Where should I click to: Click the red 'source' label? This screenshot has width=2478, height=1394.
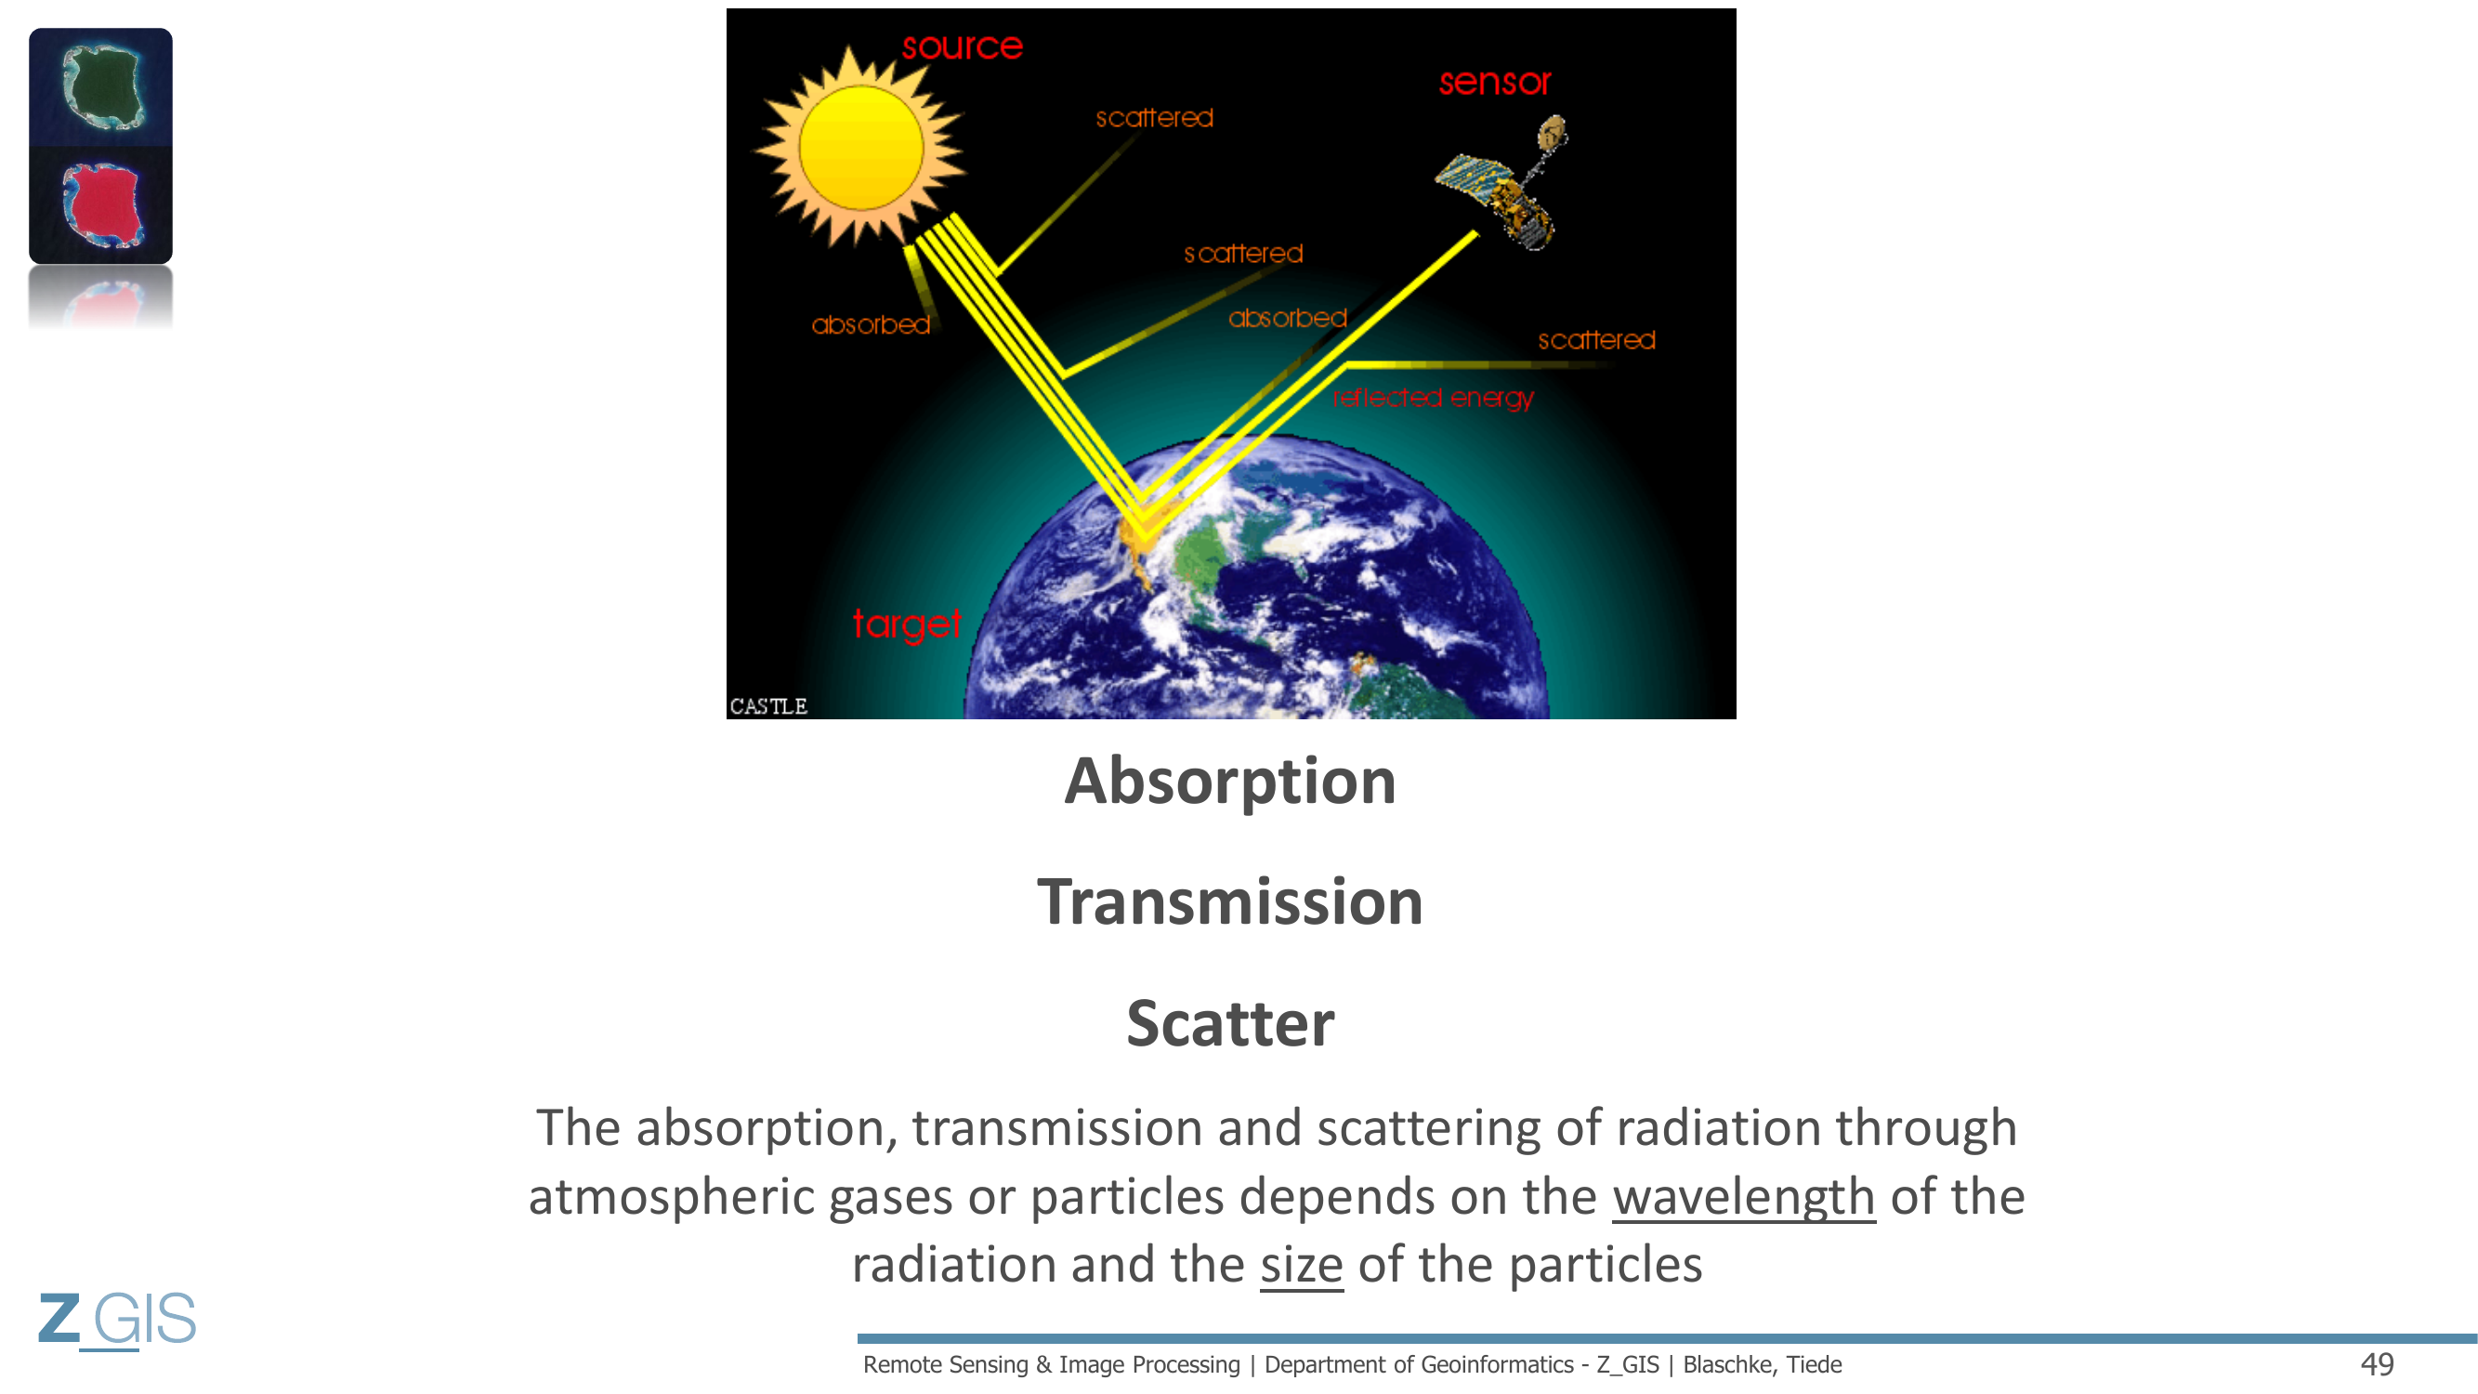coord(962,46)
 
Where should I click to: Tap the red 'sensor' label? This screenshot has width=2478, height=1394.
coord(1495,82)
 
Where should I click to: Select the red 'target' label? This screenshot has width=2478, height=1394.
coord(906,625)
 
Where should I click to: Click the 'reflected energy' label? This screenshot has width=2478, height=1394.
coord(1434,399)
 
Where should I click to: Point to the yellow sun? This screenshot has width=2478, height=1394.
coord(861,147)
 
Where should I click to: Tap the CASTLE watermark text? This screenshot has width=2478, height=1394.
coord(767,706)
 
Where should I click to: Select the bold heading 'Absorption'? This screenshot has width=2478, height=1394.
coord(1229,781)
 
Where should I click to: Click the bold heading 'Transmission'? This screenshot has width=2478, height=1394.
coord(1229,902)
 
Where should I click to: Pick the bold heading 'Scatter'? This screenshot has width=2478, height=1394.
coord(1230,1023)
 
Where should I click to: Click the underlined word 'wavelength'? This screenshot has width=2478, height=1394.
coord(1743,1197)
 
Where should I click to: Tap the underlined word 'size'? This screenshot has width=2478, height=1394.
coord(1302,1264)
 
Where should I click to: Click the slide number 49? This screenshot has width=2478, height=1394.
coord(2377,1364)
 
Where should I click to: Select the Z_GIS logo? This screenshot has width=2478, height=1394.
coord(117,1318)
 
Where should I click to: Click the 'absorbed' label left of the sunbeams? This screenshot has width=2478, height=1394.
coord(871,325)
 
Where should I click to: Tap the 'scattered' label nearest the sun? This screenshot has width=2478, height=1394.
coord(1154,117)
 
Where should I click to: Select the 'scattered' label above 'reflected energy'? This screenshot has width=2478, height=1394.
coord(1597,339)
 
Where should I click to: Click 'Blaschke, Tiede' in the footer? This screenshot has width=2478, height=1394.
coord(1763,1364)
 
